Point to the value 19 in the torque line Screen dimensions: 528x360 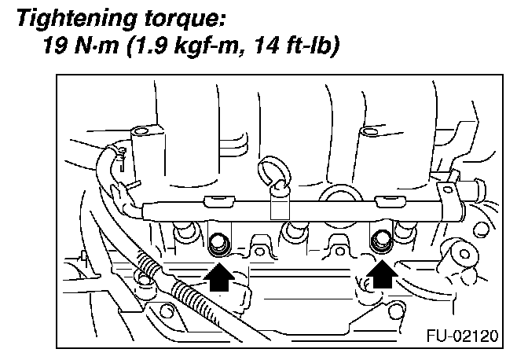point(57,48)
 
